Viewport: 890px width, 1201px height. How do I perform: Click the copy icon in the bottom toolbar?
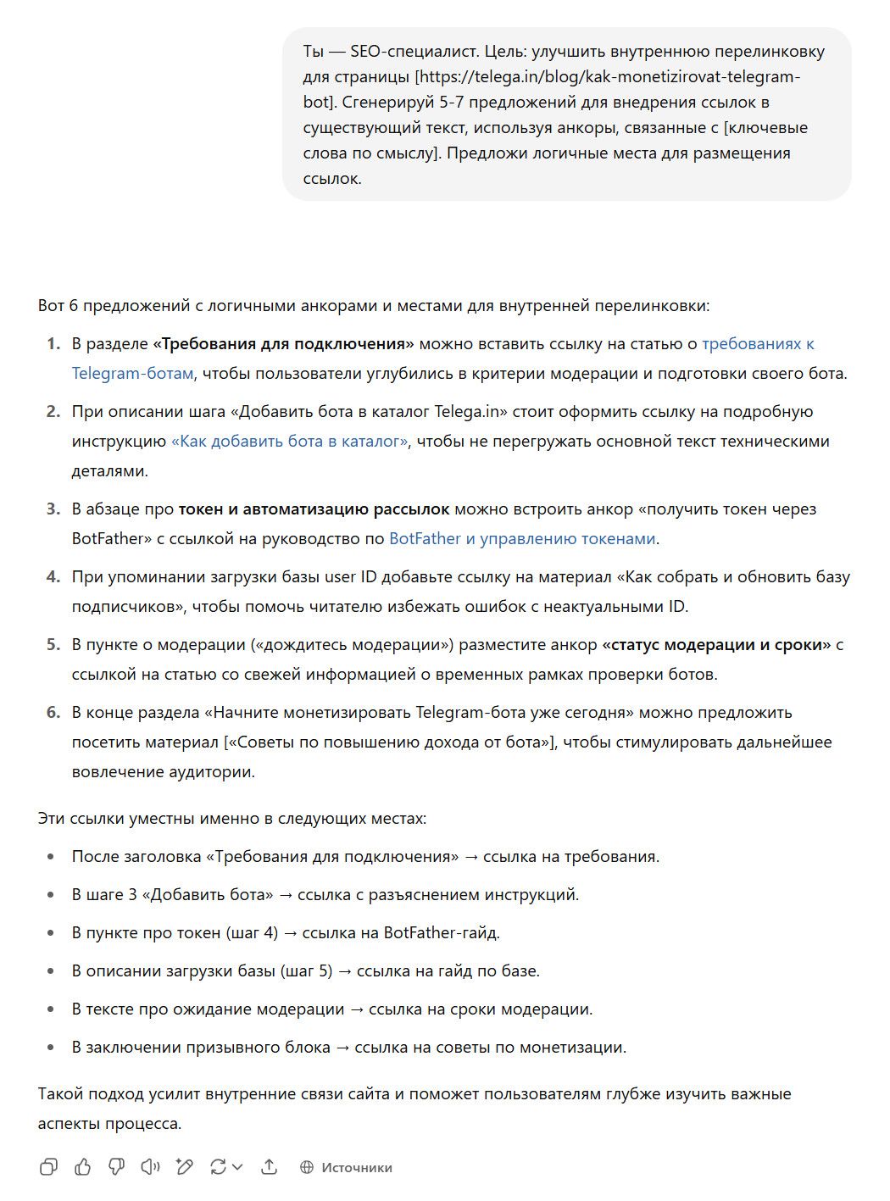[x=49, y=1167]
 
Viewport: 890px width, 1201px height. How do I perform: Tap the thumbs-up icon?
[x=83, y=1167]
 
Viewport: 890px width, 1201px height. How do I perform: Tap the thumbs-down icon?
[x=117, y=1167]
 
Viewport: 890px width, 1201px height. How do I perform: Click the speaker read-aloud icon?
[x=150, y=1167]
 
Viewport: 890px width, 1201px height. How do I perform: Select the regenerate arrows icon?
[x=219, y=1167]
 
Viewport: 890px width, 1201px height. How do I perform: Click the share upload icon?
[x=269, y=1167]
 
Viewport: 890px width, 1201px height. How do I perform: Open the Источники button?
[x=346, y=1167]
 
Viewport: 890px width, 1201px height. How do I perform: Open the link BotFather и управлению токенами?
[x=522, y=538]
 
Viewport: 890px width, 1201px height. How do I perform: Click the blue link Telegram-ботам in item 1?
[x=132, y=373]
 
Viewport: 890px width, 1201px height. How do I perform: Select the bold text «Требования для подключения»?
[x=283, y=343]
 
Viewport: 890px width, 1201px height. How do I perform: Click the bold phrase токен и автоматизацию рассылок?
[x=314, y=509]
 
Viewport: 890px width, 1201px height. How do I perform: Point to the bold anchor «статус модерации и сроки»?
[x=717, y=644]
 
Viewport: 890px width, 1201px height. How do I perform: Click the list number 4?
[x=53, y=576]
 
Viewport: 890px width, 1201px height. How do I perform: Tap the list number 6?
[x=53, y=712]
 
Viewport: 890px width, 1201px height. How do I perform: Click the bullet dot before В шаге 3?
[x=52, y=895]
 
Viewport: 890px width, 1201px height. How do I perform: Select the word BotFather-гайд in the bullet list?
[x=442, y=932]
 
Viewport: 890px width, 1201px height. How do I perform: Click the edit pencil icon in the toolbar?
[x=184, y=1167]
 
